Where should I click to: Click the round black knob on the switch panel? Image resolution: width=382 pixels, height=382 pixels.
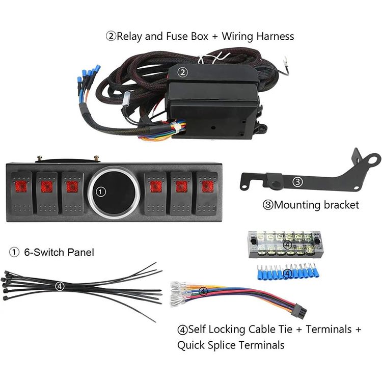pos(114,192)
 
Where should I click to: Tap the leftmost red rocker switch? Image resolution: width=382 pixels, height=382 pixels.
pos(22,194)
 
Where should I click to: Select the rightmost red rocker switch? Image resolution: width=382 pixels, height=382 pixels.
pos(207,194)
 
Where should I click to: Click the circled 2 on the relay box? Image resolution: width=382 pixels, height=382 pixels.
pos(183,72)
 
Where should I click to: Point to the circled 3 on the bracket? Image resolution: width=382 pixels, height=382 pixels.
pos(297,182)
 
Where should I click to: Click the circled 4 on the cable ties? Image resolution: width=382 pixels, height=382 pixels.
pos(60,286)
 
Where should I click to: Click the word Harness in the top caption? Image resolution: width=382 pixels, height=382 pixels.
pos(275,36)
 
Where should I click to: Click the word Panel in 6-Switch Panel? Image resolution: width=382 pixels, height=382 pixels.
pos(80,252)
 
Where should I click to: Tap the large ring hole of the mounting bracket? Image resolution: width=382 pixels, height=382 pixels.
pos(372,160)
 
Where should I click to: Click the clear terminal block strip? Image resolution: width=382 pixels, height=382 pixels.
pos(285,244)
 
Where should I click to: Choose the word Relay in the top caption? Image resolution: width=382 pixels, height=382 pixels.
pos(129,36)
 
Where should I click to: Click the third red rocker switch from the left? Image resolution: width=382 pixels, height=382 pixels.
pos(72,194)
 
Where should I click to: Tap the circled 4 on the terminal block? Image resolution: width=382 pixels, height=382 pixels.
pos(288,245)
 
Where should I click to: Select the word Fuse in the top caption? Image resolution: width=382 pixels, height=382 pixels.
pos(177,36)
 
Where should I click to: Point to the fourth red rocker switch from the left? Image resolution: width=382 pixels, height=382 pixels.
pos(155,194)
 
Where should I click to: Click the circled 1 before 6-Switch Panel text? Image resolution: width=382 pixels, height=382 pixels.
pos(14,252)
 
